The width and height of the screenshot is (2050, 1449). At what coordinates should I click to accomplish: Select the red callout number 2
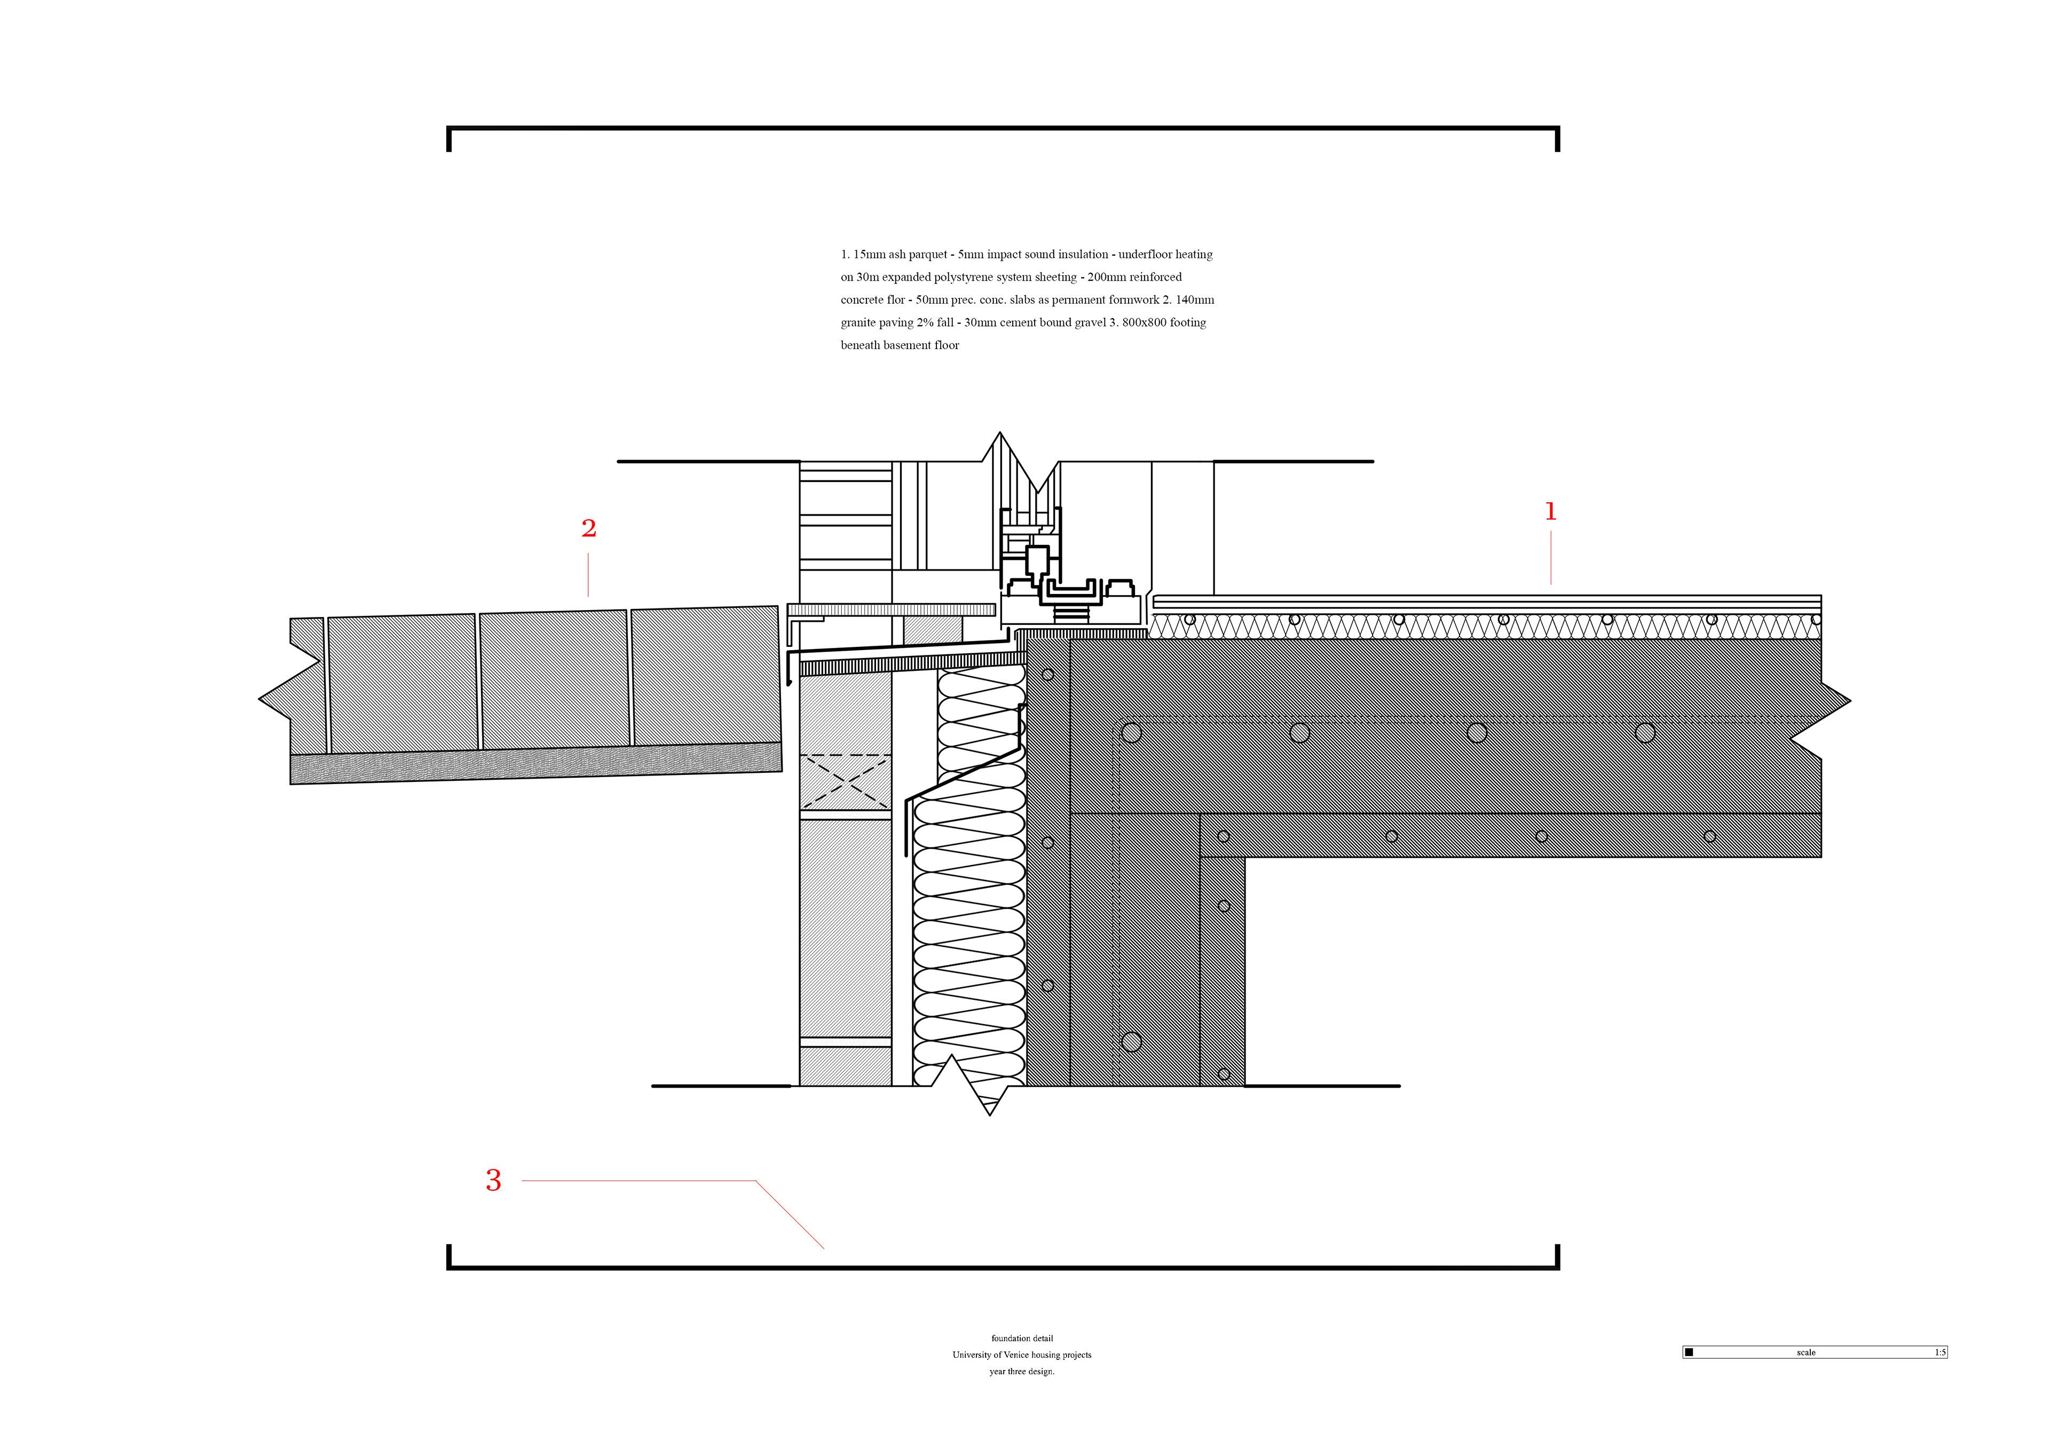pyautogui.click(x=588, y=528)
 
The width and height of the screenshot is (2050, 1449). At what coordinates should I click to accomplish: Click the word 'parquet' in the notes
pyautogui.click(x=928, y=255)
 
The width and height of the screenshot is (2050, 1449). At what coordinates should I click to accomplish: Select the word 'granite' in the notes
pyautogui.click(x=859, y=323)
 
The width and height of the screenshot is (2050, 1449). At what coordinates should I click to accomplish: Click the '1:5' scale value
pyautogui.click(x=1939, y=1352)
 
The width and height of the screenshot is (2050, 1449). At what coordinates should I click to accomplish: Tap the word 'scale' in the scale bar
pyautogui.click(x=1805, y=1352)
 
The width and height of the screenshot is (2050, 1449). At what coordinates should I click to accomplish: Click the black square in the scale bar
pyautogui.click(x=1689, y=1352)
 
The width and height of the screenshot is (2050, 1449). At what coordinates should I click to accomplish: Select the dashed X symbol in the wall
pyautogui.click(x=845, y=782)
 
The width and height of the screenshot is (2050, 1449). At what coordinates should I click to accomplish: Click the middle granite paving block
pyautogui.click(x=554, y=680)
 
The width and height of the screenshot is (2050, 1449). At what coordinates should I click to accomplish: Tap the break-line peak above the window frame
pyautogui.click(x=1000, y=435)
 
